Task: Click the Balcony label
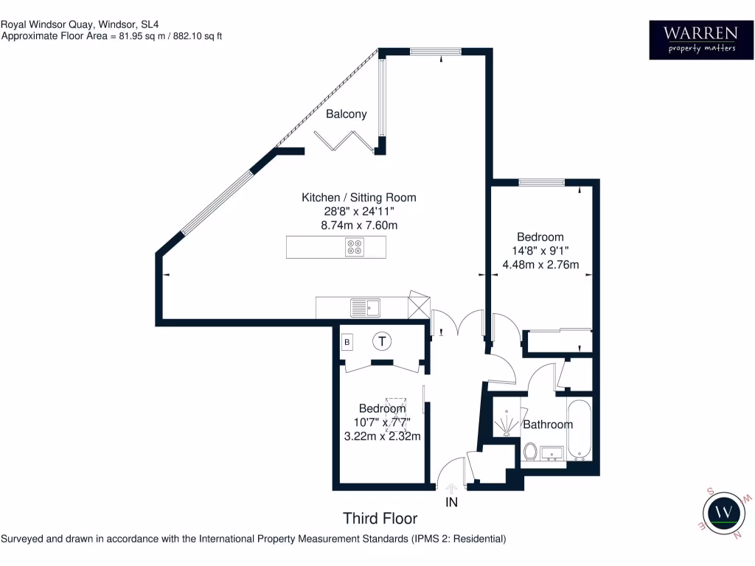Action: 347,114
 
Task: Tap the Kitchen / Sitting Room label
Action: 359,198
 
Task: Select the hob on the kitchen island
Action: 354,248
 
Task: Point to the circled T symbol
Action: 381,341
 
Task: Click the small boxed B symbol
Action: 347,342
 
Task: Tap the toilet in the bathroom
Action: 529,450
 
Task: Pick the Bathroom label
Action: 548,424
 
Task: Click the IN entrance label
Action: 451,503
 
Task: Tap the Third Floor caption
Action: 380,519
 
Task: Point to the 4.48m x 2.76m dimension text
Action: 540,265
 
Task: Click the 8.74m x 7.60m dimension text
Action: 359,225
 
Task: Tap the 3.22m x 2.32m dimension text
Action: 382,436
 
